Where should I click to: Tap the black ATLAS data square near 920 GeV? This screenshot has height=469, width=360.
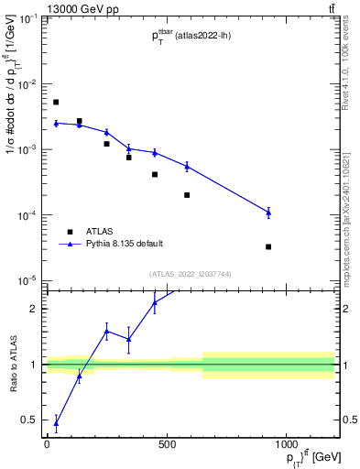tap(268, 246)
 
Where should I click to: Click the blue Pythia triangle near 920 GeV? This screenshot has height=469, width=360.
tap(268, 213)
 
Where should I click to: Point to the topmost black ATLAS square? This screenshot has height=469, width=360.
tap(56, 102)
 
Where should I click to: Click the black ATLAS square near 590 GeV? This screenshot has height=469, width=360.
tap(187, 195)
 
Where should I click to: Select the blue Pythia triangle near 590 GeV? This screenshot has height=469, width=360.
tap(187, 166)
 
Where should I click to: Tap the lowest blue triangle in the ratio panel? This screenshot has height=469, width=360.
tap(56, 422)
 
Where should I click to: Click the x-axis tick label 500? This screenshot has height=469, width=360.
tap(167, 445)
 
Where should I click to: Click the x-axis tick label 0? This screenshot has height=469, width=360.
tap(47, 445)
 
